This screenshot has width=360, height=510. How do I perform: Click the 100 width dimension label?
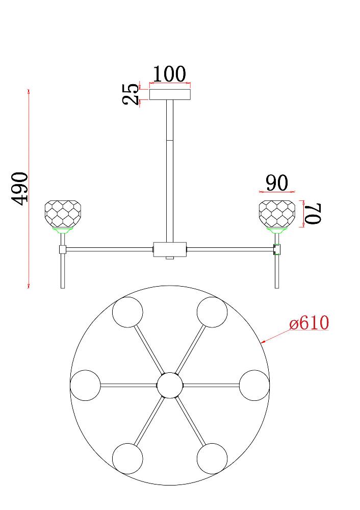point(169,74)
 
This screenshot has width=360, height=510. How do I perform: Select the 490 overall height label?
point(20,189)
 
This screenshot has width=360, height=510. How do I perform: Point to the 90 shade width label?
point(277,183)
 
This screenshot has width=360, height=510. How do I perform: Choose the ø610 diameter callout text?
point(309,323)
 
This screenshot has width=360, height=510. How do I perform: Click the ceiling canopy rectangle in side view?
point(170,94)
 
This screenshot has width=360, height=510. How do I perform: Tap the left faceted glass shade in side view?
point(63,214)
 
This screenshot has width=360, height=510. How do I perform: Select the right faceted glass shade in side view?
point(277,214)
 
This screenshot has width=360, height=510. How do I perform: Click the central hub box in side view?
point(170,249)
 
